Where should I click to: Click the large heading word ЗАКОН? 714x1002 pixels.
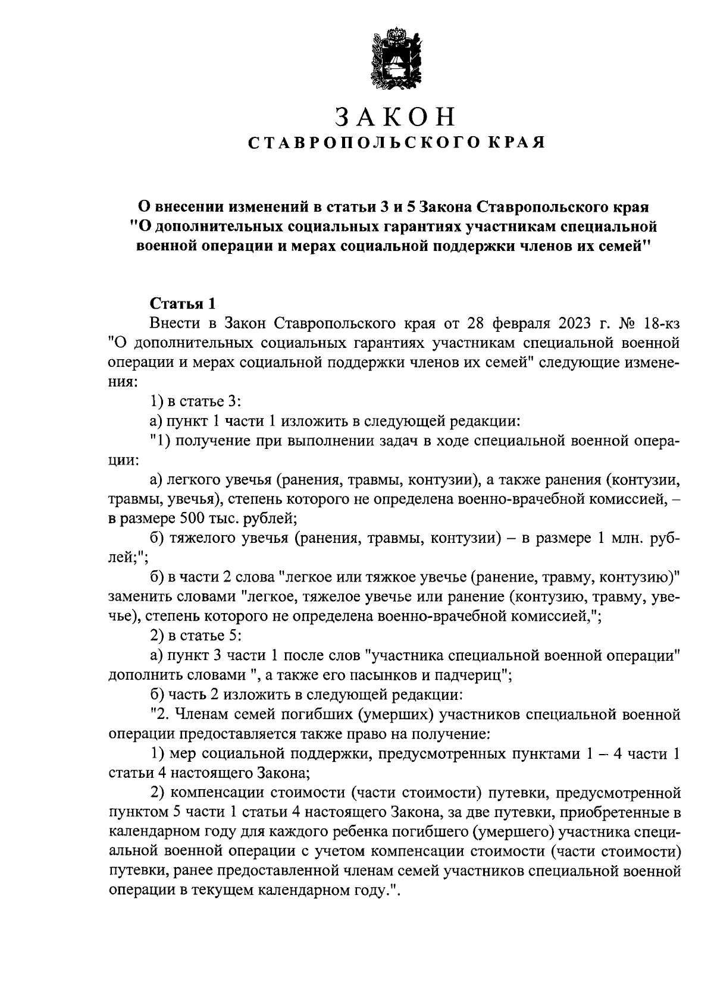(x=394, y=117)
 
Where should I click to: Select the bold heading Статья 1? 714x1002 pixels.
(x=181, y=304)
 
